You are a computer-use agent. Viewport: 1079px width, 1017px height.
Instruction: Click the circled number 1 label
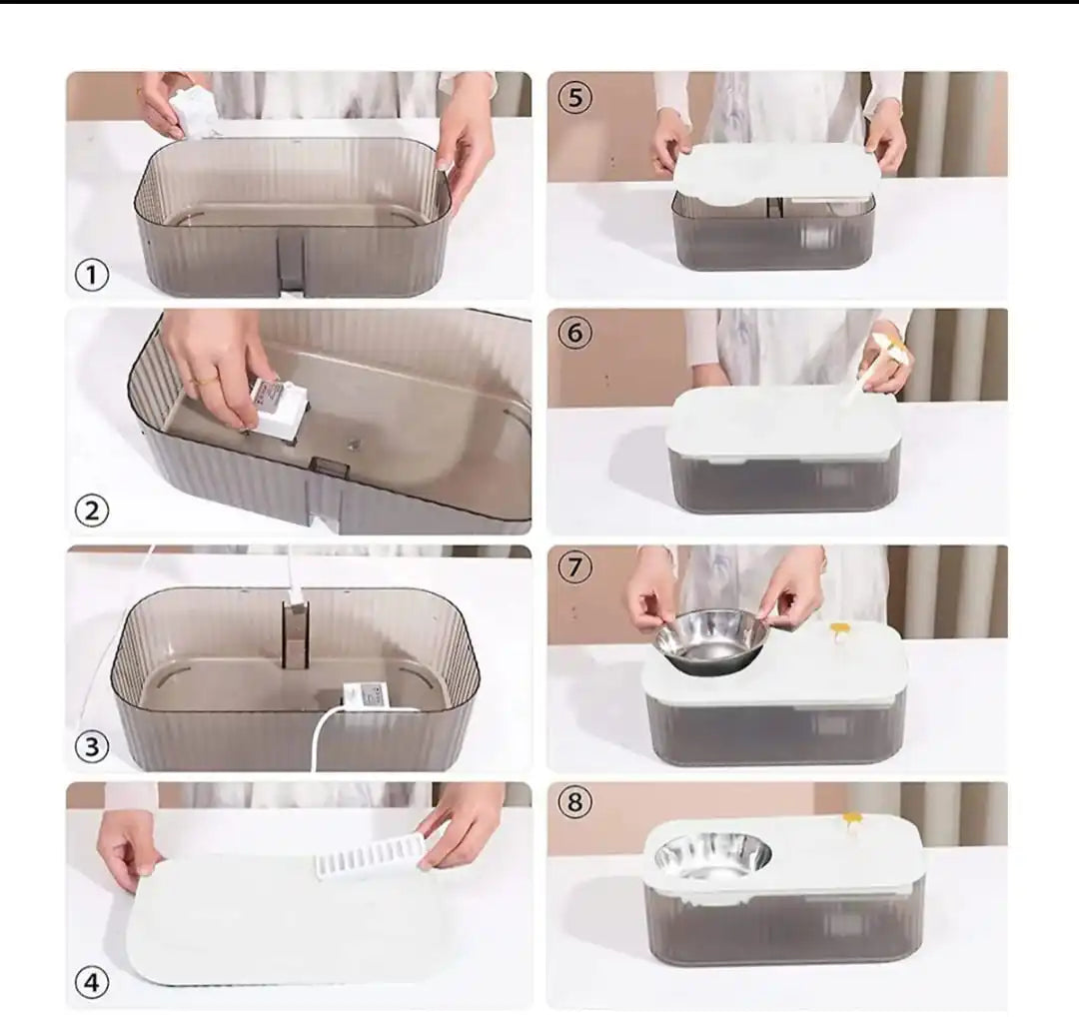[x=92, y=274]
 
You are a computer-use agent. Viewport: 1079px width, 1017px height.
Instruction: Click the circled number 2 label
[x=92, y=510]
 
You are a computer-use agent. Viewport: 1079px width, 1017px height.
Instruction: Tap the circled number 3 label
[x=92, y=746]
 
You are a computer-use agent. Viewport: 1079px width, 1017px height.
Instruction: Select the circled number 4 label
[x=92, y=983]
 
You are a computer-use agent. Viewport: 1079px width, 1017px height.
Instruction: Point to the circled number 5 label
[x=574, y=98]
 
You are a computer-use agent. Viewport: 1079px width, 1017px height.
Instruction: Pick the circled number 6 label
[x=574, y=334]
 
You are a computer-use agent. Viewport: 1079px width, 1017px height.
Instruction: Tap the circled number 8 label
[x=574, y=802]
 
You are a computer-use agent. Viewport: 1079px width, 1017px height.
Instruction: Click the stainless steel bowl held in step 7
[x=711, y=639]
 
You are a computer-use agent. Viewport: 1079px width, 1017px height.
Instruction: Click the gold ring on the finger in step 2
[x=202, y=381]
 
